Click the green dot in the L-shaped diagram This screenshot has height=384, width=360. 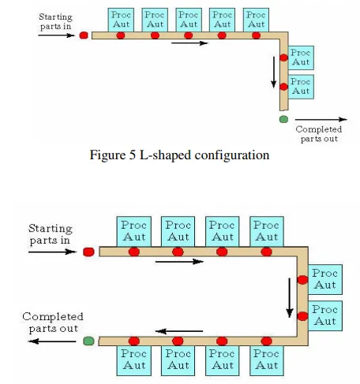point(283,119)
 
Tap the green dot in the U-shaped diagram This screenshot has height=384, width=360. point(88,341)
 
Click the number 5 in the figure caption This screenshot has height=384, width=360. point(133,155)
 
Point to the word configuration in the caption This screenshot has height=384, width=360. point(232,155)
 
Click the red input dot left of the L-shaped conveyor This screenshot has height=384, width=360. point(84,35)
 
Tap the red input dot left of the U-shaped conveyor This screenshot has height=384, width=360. point(88,252)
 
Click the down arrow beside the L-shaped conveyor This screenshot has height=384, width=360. point(274,72)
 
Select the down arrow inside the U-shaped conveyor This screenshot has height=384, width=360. point(290,298)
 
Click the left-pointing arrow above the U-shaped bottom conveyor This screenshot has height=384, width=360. point(179,331)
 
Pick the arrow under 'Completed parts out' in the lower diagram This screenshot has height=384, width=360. point(52,341)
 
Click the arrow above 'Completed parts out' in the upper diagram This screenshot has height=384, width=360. point(321,120)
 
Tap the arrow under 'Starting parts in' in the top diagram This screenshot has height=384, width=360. point(56,35)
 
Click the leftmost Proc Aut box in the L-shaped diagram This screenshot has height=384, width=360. point(121,20)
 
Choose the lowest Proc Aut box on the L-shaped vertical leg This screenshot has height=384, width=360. point(301,87)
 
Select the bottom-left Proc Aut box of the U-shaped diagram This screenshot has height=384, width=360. point(134,360)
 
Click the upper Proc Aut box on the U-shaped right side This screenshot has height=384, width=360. point(325,279)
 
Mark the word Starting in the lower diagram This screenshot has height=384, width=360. point(51,229)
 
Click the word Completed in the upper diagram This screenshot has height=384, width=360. point(319,129)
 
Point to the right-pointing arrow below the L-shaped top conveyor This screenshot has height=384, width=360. point(189,43)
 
